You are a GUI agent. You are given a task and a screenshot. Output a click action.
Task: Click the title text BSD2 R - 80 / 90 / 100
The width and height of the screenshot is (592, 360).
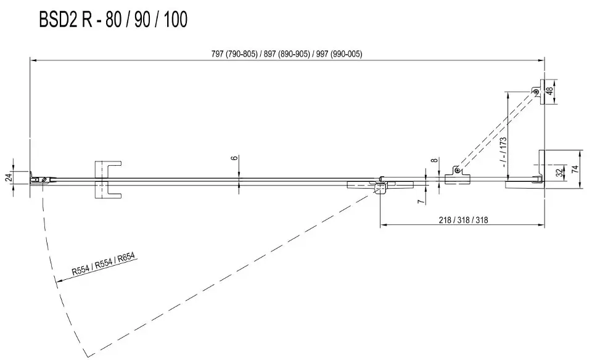pyautogui.click(x=113, y=20)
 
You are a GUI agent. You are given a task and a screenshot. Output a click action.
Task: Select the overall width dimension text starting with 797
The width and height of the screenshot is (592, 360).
pyautogui.click(x=287, y=54)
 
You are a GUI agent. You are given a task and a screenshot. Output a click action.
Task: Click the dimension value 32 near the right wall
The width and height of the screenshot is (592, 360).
pyautogui.click(x=559, y=173)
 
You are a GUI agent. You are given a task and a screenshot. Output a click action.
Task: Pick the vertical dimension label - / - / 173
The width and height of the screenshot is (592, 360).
pyautogui.click(x=504, y=152)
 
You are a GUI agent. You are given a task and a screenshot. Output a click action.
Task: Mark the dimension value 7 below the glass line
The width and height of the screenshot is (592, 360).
pyautogui.click(x=420, y=201)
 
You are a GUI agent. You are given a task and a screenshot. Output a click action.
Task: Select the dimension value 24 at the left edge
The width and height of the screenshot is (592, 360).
pyautogui.click(x=9, y=178)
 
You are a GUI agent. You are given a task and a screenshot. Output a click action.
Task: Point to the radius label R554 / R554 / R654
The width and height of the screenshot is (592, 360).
pyautogui.click(x=104, y=263)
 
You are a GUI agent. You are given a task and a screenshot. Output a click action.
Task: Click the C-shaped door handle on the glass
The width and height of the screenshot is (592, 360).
pyautogui.click(x=109, y=179)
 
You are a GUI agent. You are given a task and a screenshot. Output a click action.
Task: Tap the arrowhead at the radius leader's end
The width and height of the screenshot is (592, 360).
pyautogui.click(x=58, y=281)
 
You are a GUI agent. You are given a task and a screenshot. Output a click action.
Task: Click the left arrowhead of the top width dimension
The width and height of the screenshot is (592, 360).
pyautogui.click(x=33, y=61)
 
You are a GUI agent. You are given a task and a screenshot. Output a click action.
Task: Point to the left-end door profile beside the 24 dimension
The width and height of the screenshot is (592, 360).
pyautogui.click(x=40, y=180)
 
